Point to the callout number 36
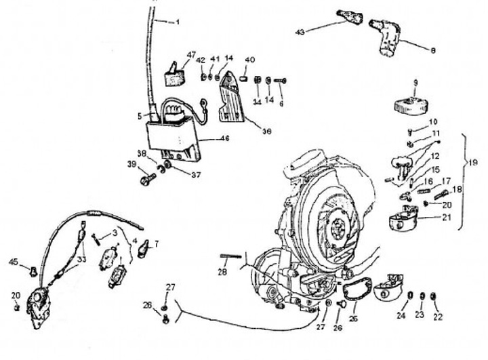point(267,132)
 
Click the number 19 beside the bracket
point(472,163)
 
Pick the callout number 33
point(81,259)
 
